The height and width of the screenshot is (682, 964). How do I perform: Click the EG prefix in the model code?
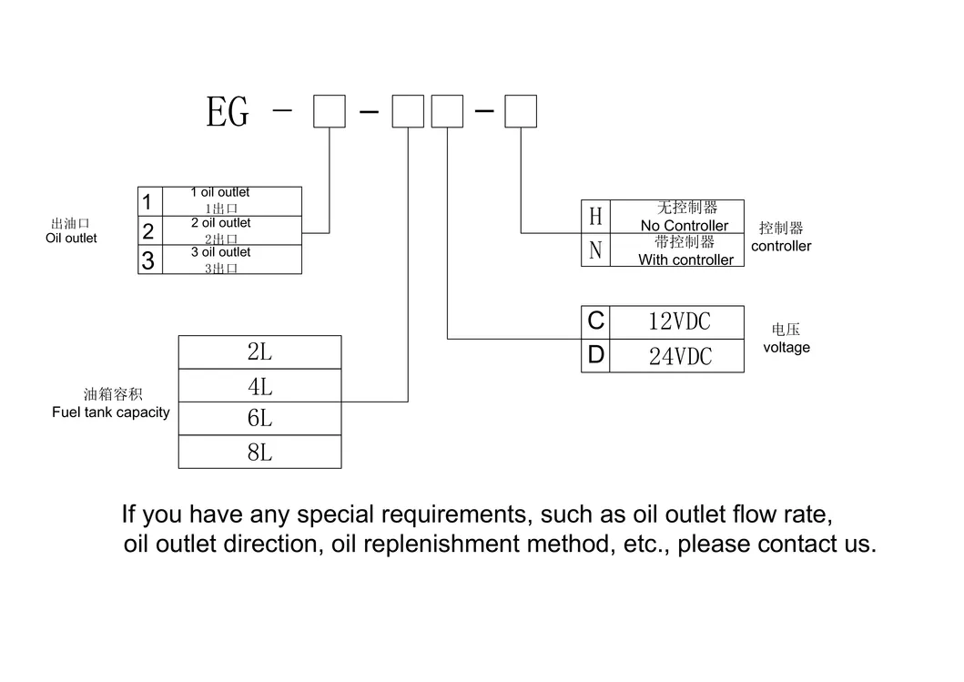point(228,113)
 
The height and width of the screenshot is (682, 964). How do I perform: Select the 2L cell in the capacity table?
point(259,351)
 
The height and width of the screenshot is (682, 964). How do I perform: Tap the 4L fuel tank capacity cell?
point(259,386)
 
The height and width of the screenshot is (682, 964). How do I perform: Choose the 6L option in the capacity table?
point(259,419)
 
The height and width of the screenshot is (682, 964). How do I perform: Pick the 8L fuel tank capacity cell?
point(259,452)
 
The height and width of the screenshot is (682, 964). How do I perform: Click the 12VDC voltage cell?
point(679,321)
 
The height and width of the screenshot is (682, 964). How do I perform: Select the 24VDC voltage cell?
point(679,356)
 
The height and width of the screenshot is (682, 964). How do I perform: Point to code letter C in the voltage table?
point(595,321)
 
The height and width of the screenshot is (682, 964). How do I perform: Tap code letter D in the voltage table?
point(595,356)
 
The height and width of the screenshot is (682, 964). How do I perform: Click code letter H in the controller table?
point(595,217)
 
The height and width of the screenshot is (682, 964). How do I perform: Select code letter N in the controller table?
point(595,250)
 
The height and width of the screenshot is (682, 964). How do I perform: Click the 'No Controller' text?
point(685,226)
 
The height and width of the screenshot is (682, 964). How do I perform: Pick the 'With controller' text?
point(685,260)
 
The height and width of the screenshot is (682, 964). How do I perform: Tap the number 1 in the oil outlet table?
point(147,201)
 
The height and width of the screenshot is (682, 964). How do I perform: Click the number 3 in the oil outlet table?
point(147,260)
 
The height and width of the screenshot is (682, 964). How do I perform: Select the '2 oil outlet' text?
point(220,223)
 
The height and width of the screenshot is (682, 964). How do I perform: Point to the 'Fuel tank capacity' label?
point(111,412)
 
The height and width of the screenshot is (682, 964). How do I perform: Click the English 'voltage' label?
point(786,348)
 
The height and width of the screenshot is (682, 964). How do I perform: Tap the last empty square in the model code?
point(521,112)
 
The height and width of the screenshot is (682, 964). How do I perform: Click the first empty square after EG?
point(329,112)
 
